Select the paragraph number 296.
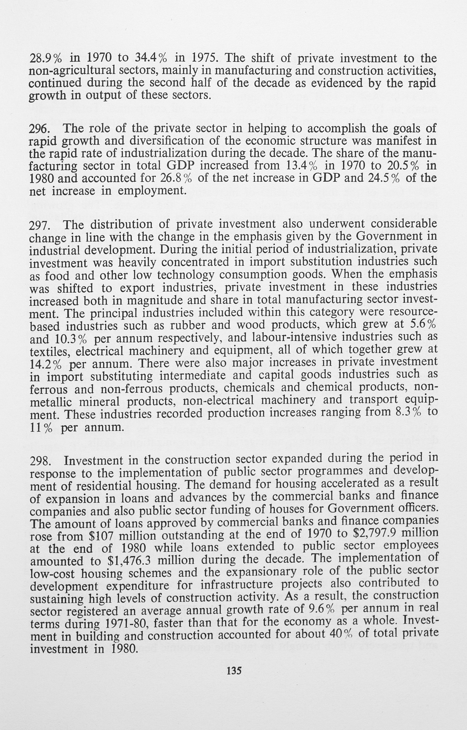pos(39,129)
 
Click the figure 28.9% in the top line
pos(45,57)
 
